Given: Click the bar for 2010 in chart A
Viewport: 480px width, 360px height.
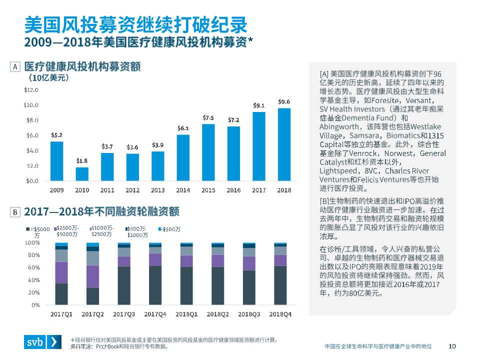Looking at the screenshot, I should [x=82, y=173].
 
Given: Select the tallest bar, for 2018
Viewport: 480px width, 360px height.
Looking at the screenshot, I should [x=284, y=144].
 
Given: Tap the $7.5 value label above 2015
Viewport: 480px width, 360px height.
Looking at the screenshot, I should [x=208, y=117].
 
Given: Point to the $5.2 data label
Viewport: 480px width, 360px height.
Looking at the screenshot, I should [x=56, y=135].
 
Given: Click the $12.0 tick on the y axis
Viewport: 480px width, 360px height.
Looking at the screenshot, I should [x=31, y=90].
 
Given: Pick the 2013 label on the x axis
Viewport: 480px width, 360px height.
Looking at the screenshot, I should [x=158, y=190].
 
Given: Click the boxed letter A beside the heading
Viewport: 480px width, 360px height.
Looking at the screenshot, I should [x=15, y=66].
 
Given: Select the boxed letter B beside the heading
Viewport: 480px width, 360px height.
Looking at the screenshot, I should [x=15, y=212].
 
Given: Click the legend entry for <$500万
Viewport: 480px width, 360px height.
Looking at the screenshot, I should [x=170, y=229].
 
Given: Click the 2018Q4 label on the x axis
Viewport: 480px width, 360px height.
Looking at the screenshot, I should [x=280, y=313].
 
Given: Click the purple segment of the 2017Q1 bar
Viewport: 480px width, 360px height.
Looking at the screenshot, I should [x=61, y=272].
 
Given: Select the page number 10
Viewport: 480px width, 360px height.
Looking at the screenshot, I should [x=452, y=346].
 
